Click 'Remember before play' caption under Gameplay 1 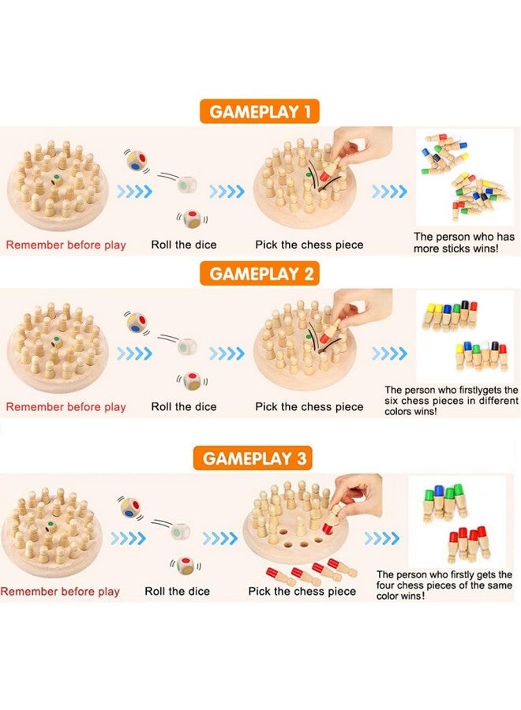point(66,245)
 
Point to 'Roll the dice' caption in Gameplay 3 point(177,591)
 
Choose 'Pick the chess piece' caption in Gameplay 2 point(309,407)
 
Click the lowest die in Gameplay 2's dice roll point(192,381)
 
